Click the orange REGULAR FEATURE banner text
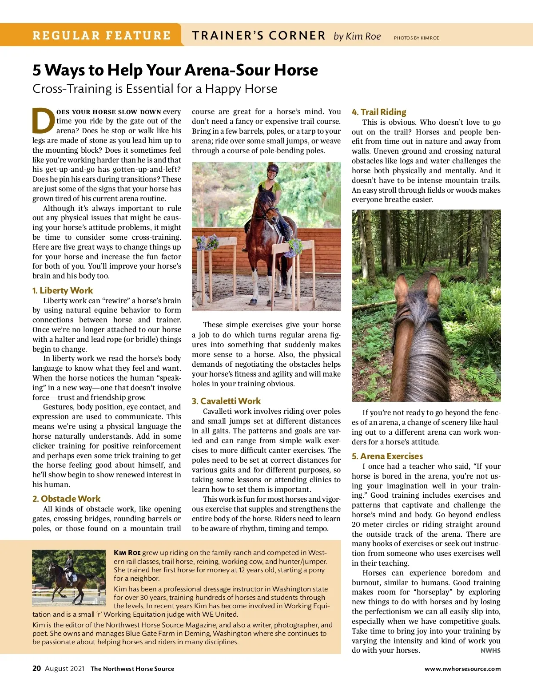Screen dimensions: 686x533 pyautogui.click(x=101, y=36)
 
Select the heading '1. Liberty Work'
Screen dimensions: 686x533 pyautogui.click(x=62, y=290)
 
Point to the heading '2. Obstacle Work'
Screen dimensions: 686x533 pyautogui.click(x=66, y=499)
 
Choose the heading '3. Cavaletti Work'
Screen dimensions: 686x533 pyautogui.click(x=226, y=401)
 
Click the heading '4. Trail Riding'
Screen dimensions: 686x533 pyautogui.click(x=379, y=112)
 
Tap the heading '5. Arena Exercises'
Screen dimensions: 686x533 pyautogui.click(x=387, y=456)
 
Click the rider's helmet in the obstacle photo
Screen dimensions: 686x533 pyautogui.click(x=272, y=168)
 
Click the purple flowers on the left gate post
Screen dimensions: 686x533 pyautogui.click(x=207, y=242)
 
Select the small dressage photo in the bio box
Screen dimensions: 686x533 pyautogui.click(x=68, y=578)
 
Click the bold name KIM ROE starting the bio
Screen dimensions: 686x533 pyautogui.click(x=127, y=553)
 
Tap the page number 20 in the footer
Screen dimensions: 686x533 pyautogui.click(x=36, y=668)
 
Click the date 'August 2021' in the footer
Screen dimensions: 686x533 pyautogui.click(x=64, y=669)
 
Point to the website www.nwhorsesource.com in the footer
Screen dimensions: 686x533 pyautogui.click(x=462, y=669)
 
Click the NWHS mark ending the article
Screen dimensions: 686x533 pyautogui.click(x=490, y=650)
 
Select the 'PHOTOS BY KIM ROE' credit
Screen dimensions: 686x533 pyautogui.click(x=416, y=38)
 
